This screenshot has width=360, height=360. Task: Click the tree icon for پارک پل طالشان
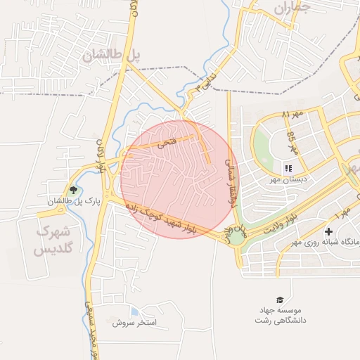tap(72, 190)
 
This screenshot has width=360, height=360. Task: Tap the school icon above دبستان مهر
tap(288, 168)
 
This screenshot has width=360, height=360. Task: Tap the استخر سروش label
tap(138, 323)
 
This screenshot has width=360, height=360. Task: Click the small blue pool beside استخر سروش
tap(134, 311)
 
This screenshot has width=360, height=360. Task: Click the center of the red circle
tap(179, 179)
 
